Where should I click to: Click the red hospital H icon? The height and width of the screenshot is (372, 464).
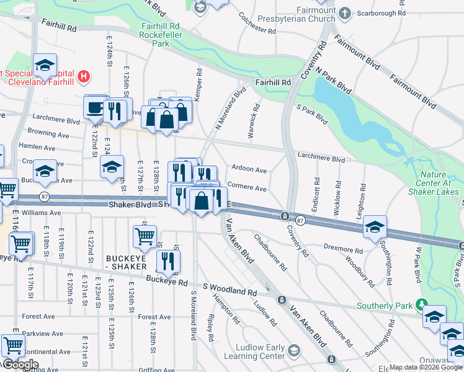[x=84, y=78]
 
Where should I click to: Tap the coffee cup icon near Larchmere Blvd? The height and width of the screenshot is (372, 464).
[x=94, y=107]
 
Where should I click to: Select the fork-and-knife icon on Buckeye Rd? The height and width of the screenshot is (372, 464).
[x=167, y=261]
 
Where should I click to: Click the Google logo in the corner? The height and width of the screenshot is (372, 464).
[x=20, y=365]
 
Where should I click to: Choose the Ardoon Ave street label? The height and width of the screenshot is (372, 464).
[x=249, y=169]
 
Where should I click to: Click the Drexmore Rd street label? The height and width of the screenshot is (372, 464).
[x=342, y=250]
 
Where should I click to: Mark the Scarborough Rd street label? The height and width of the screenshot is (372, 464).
[x=383, y=12]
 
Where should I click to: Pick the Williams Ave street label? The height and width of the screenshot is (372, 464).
[x=42, y=213]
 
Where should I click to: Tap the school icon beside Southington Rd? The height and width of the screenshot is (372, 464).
[x=375, y=227]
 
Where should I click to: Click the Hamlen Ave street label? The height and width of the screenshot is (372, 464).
[x=37, y=148]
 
